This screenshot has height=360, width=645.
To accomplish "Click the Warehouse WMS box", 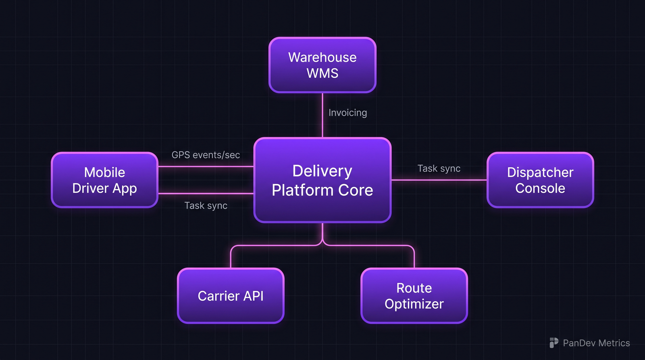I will (x=322, y=65).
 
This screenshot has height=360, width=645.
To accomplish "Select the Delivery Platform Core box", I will (x=322, y=180).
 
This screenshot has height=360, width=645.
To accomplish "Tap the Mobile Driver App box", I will (x=104, y=180).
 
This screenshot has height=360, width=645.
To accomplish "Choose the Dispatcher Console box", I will (x=540, y=180).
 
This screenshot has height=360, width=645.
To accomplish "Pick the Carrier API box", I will (x=231, y=296).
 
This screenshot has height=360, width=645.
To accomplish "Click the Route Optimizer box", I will (x=414, y=296).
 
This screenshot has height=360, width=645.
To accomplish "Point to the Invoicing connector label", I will (x=347, y=113).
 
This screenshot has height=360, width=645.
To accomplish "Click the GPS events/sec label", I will (x=206, y=155).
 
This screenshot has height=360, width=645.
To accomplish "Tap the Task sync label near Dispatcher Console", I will (x=439, y=169).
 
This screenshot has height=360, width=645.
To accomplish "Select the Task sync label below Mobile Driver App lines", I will (x=206, y=206).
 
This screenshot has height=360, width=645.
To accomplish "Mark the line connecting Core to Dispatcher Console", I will (x=439, y=180).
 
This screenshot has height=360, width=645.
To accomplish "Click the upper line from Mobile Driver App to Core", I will (x=206, y=166).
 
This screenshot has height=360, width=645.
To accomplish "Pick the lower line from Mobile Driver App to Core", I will (x=206, y=194).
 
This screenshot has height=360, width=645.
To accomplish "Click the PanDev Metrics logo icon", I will (x=554, y=343).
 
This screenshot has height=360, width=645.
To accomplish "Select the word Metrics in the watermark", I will (x=614, y=343).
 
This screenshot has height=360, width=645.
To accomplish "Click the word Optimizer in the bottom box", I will (x=414, y=304).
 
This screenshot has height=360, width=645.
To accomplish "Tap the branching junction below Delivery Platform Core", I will (x=322, y=242).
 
